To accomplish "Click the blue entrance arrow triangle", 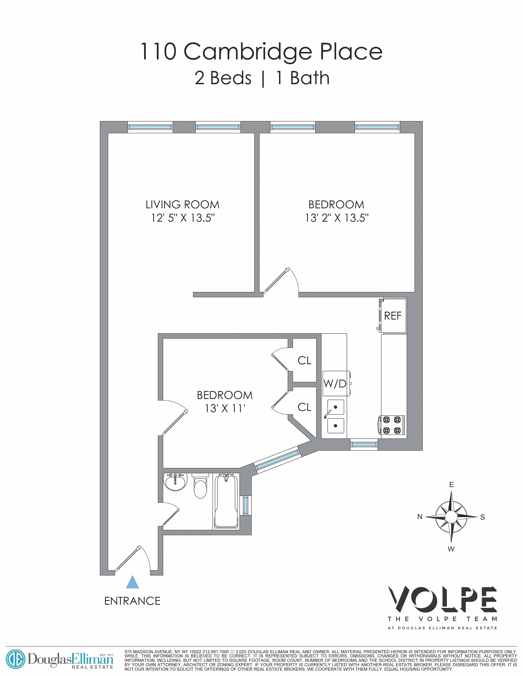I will tap(132, 582).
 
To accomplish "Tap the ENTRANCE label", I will tap(132, 601).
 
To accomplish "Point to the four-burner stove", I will tap(392, 425).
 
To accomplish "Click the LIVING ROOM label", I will tap(183, 205).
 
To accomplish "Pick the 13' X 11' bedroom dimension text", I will tap(225, 409).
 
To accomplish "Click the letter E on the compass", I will tap(451, 485).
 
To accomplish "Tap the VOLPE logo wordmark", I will tap(442, 601).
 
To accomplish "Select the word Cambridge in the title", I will tap(248, 52).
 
